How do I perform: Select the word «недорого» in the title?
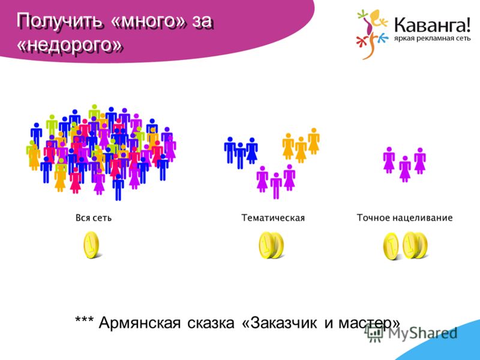(70, 46)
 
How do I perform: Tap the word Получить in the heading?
(59, 22)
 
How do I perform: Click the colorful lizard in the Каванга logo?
(371, 34)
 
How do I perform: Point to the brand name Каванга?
(432, 25)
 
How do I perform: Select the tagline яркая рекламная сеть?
(432, 39)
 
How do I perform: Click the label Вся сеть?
(94, 218)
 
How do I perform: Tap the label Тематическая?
(273, 218)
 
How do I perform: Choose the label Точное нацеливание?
(404, 218)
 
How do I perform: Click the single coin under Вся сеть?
(92, 245)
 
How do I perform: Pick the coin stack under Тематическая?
(271, 245)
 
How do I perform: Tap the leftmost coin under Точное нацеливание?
(391, 247)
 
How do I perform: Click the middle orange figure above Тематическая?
(301, 149)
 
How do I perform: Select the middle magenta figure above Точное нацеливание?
(404, 169)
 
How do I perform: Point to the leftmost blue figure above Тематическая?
(230, 150)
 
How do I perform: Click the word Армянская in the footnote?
(140, 323)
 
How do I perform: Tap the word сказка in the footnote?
(211, 323)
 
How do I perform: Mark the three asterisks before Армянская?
(85, 320)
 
